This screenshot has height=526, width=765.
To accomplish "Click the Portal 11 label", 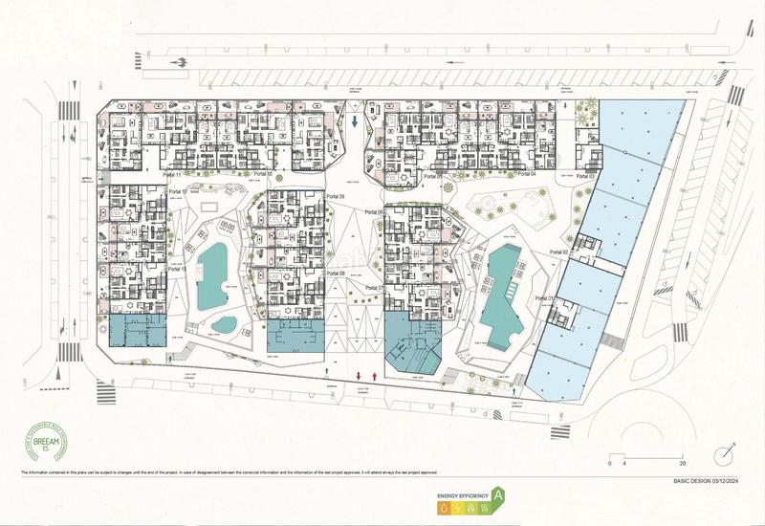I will pos(173,175).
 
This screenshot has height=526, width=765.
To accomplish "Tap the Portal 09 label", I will pos(335,196).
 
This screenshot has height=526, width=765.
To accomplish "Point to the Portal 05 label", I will pos(433,176).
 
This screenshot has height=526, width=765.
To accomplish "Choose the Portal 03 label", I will pos(585,177).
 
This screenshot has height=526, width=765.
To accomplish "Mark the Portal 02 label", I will pos(559,251).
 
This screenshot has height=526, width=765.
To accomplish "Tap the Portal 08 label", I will pos(335,274).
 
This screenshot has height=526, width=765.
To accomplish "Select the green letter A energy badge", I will pos(498,495).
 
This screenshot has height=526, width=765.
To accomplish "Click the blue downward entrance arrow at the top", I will pos(356,121).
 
